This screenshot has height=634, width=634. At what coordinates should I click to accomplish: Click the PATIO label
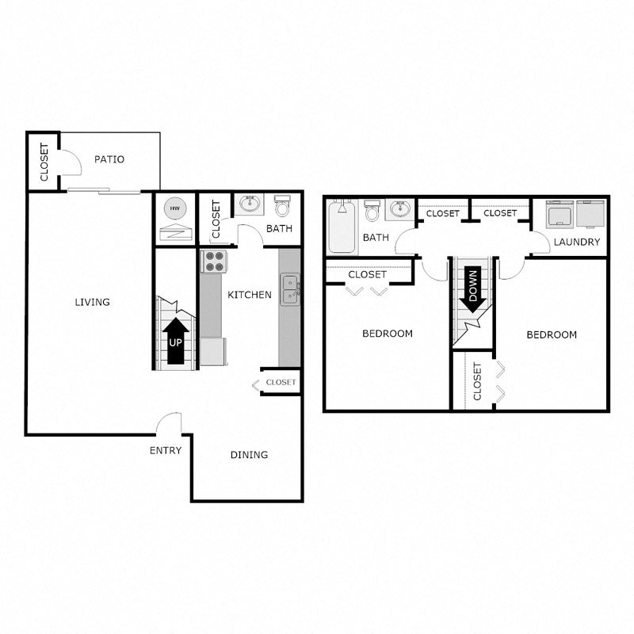109,159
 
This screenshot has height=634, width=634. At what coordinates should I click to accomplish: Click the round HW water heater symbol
174,209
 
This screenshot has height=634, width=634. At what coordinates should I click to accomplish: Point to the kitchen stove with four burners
213,261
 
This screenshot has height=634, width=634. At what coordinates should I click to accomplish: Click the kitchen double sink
290,288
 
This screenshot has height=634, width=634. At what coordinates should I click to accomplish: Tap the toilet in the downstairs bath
283,207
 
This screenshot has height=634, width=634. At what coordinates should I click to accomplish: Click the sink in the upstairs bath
399,211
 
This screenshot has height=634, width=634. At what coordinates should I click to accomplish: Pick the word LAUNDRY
577,242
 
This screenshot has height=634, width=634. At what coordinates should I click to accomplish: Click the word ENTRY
166,451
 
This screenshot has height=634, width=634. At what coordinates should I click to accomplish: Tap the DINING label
249,455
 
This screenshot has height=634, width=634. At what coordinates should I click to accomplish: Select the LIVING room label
92,302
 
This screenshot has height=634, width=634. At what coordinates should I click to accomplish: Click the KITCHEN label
250,295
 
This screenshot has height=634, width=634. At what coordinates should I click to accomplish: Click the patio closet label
44,162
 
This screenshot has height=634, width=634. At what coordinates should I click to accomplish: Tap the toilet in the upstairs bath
372,211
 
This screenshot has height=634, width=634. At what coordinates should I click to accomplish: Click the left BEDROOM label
388,334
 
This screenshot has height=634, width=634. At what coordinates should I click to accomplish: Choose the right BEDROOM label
552,334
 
